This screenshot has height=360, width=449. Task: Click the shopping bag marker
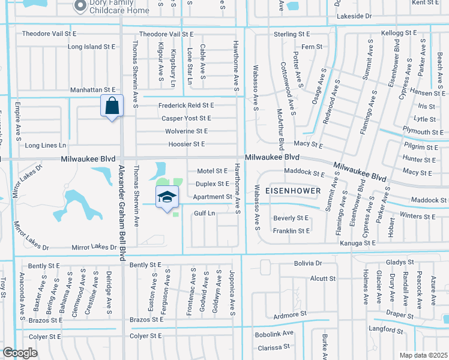point(112,106)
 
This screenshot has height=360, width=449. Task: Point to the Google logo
point(19,353)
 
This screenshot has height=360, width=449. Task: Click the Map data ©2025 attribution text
point(423,355)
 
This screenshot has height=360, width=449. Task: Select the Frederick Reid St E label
point(185,106)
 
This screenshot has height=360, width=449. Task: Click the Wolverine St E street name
point(187,131)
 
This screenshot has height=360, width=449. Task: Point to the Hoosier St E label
point(186,144)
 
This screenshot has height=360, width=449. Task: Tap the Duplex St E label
point(213,184)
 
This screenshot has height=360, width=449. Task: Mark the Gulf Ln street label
point(204,213)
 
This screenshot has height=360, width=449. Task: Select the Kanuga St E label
point(357,243)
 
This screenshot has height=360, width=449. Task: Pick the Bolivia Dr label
point(308,263)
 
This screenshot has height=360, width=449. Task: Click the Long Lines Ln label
point(46,146)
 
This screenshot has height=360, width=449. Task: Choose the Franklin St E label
point(291,230)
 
